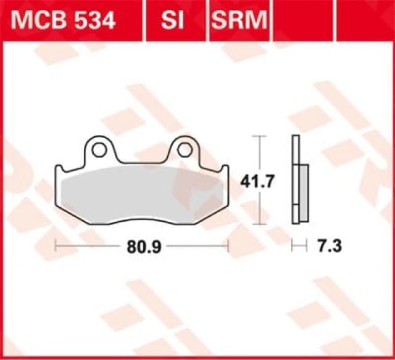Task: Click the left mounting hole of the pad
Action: (97, 149)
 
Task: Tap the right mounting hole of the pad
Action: (183, 149)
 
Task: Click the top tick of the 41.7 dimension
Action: (260, 136)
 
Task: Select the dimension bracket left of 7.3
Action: (299, 246)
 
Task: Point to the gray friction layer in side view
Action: (303, 194)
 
